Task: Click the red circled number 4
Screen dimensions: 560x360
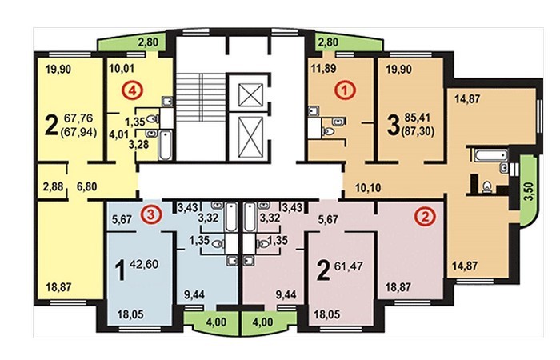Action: (x=132, y=90)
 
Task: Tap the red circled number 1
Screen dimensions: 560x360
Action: (x=344, y=90)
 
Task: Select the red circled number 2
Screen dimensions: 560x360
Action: (x=425, y=217)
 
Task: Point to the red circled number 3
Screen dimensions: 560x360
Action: (x=150, y=214)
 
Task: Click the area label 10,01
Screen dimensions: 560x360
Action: (x=122, y=68)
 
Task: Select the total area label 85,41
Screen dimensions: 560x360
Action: (x=418, y=118)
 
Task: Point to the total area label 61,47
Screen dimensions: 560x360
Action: (x=348, y=266)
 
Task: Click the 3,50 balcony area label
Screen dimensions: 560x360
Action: (x=530, y=191)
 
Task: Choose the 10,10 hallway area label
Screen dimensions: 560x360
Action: (x=368, y=187)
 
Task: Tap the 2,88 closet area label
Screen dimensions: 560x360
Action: (x=53, y=186)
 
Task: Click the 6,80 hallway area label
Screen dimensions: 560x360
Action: (x=86, y=186)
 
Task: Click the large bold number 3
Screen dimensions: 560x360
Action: (x=394, y=126)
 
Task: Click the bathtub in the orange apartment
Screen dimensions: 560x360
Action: (x=490, y=155)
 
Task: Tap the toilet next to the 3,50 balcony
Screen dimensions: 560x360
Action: (x=486, y=186)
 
